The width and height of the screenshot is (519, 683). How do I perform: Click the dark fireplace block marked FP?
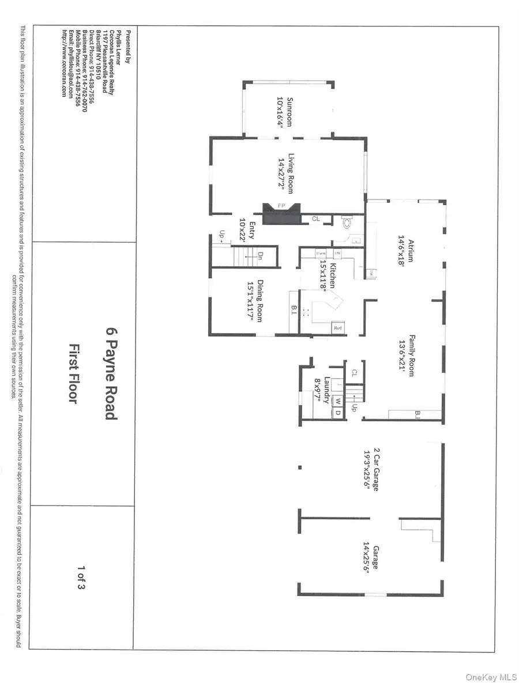point(279,214)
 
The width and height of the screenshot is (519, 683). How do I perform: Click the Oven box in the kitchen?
point(322,254)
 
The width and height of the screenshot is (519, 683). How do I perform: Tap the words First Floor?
point(73,373)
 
